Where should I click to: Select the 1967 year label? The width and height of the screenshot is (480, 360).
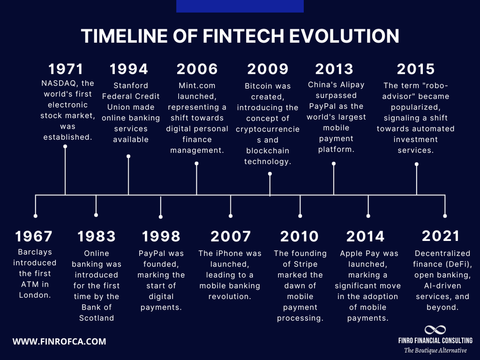(34, 236)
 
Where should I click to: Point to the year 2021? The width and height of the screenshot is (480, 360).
(441, 236)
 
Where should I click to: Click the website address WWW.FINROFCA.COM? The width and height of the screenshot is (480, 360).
(59, 342)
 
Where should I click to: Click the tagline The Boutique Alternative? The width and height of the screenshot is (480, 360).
(436, 350)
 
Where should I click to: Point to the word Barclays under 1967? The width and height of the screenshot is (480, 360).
(35, 252)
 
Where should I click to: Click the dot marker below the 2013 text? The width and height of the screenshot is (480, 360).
(334, 164)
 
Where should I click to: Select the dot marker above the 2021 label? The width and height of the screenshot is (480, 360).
(445, 216)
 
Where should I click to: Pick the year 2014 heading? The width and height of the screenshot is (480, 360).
(365, 236)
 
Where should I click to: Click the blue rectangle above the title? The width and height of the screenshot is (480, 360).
(240, 6)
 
